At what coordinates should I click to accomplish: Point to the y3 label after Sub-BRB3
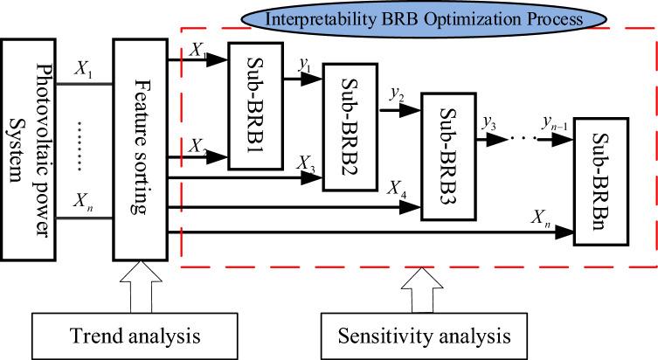pos(489,121)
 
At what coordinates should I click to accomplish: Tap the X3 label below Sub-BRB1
pos(306,165)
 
